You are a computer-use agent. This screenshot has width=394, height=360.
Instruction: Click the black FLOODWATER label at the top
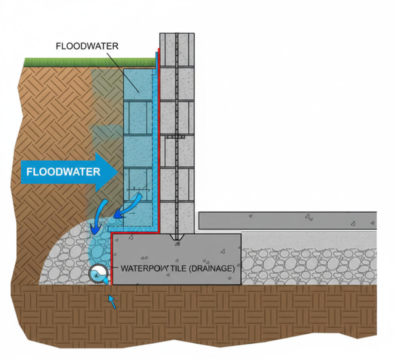[x=87, y=46]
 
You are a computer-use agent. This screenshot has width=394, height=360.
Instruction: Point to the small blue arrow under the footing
[x=113, y=303]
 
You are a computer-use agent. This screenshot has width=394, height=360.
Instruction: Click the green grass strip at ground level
[x=89, y=62]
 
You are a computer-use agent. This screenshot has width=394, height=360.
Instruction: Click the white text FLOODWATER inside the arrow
[x=63, y=172]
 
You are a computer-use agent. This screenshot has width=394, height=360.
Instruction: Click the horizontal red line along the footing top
[x=135, y=233]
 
